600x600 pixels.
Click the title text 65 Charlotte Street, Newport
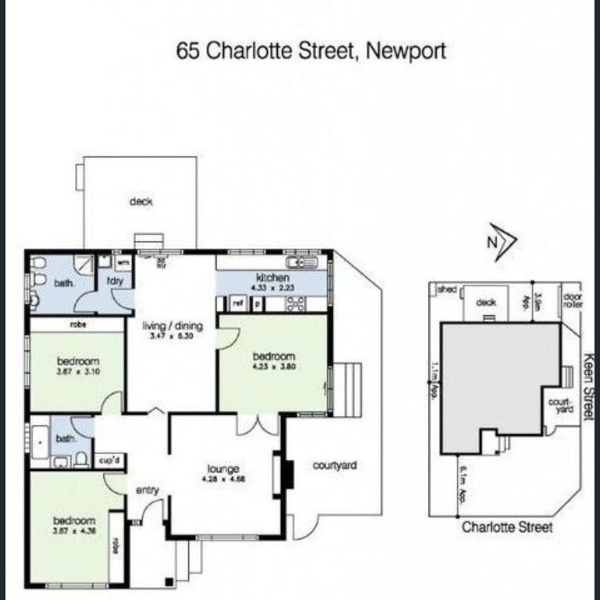click(310, 51)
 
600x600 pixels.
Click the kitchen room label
click(267, 277)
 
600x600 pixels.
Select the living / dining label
click(173, 326)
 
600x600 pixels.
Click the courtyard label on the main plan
click(335, 465)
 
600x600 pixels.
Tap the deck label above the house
click(140, 202)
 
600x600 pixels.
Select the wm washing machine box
click(123, 262)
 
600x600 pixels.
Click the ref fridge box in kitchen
click(237, 303)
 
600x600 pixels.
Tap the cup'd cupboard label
click(107, 460)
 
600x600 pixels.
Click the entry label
click(147, 490)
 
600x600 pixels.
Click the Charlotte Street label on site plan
click(508, 528)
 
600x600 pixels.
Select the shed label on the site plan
click(447, 290)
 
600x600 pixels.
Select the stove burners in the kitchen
click(294, 303)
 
